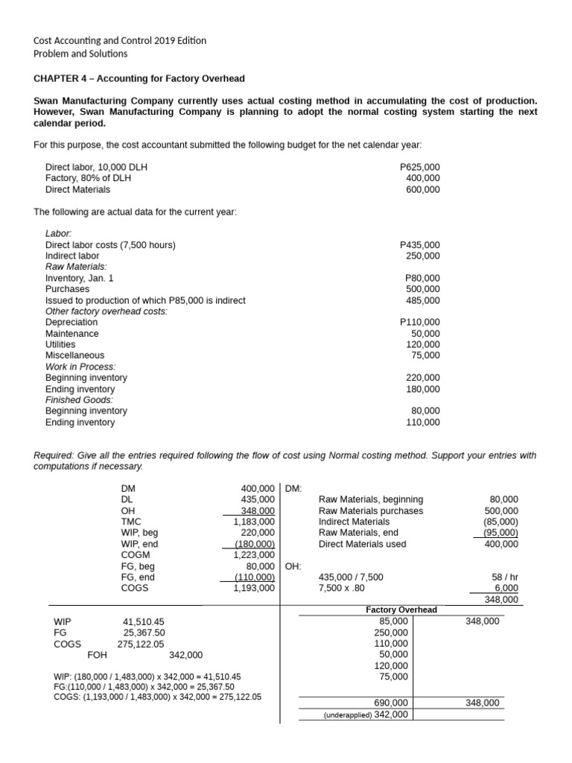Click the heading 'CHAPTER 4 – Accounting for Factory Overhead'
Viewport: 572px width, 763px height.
point(139,78)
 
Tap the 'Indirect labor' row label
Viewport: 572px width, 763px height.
point(72,256)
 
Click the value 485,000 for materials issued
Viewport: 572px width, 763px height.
point(422,300)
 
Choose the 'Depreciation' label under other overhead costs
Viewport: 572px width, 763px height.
point(71,322)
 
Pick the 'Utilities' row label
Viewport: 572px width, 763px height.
point(60,344)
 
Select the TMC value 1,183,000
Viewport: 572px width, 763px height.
point(254,522)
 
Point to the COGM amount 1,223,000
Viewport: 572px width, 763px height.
point(254,554)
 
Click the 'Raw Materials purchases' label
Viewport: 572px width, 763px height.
point(370,510)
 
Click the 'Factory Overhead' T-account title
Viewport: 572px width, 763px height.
point(401,610)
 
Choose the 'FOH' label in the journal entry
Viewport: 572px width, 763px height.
point(98,655)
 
